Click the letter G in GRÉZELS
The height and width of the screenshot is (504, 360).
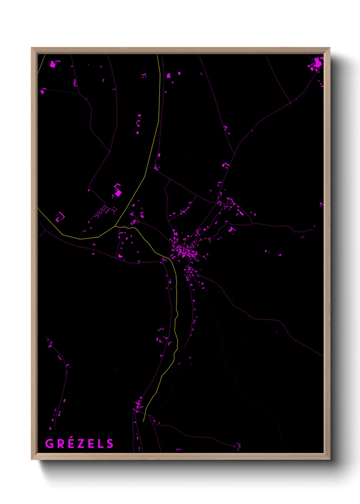[50, 444]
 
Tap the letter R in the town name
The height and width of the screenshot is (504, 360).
[60, 444]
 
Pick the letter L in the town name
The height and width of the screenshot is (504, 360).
[100, 444]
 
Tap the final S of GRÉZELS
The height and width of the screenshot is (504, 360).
[110, 444]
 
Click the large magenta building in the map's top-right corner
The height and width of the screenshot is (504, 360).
[318, 63]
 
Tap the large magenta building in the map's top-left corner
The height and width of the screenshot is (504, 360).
[53, 64]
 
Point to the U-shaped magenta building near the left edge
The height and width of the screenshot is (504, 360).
[60, 217]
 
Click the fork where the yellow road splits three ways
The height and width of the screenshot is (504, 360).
[116, 226]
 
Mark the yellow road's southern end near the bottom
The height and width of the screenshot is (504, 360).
[144, 421]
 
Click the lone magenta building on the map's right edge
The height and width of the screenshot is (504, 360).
[321, 204]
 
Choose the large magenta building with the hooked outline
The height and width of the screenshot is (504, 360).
[118, 191]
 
